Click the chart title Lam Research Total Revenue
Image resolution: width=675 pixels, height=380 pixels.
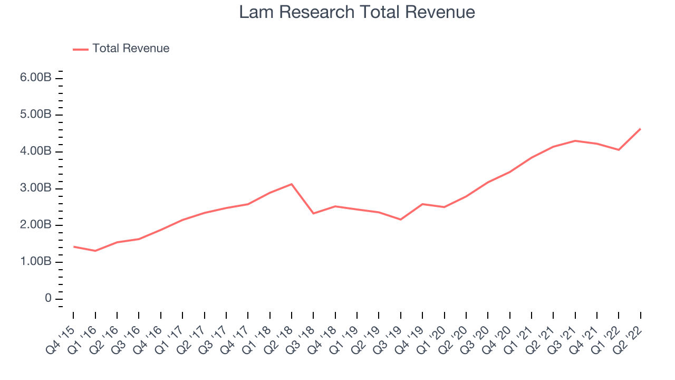pyautogui.click(x=357, y=12)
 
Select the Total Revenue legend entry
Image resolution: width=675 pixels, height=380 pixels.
pyautogui.click(x=121, y=48)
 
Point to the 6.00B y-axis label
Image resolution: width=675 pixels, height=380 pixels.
pyautogui.click(x=35, y=78)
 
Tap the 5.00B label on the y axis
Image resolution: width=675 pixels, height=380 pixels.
pyautogui.click(x=35, y=115)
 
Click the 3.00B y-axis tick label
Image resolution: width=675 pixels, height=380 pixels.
pyautogui.click(x=35, y=188)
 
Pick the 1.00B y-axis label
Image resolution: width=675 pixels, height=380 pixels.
pyautogui.click(x=35, y=261)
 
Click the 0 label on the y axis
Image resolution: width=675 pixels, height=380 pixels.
pyautogui.click(x=48, y=298)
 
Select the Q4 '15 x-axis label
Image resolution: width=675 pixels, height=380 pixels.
pyautogui.click(x=60, y=341)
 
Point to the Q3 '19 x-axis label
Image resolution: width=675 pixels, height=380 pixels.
pyautogui.click(x=387, y=341)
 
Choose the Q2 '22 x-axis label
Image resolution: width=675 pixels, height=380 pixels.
pyautogui.click(x=627, y=341)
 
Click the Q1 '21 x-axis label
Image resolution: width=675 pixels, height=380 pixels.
pyautogui.click(x=518, y=341)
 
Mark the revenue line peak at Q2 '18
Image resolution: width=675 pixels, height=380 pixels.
pyautogui.click(x=292, y=184)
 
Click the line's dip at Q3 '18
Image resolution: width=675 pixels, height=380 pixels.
pyautogui.click(x=313, y=213)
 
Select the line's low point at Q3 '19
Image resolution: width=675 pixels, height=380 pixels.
pyautogui.click(x=400, y=220)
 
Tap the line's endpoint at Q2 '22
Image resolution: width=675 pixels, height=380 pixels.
pyautogui.click(x=640, y=129)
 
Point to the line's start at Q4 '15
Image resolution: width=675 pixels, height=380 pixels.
pyautogui.click(x=73, y=246)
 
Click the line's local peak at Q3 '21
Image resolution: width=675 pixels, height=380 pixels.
pyautogui.click(x=575, y=140)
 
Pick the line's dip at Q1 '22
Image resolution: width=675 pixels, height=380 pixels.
pyautogui.click(x=619, y=149)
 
